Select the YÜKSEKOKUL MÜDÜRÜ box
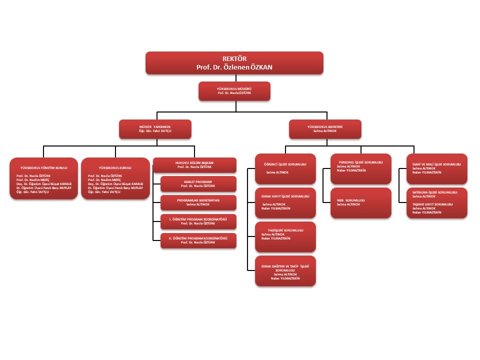point(234,91)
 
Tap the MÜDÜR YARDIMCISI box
point(155,129)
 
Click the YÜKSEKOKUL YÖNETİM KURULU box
point(44,179)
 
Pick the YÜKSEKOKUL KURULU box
point(115,179)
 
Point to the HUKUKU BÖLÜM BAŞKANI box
point(195,165)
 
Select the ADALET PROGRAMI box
point(198,184)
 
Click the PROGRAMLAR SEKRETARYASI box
point(198,202)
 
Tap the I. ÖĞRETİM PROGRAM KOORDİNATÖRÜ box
point(198,221)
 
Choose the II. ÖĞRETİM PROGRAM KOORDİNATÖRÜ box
point(198,240)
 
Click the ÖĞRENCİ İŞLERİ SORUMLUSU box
point(285,168)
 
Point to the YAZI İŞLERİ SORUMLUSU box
point(285,236)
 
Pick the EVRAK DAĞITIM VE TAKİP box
point(285,270)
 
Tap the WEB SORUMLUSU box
point(360,202)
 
